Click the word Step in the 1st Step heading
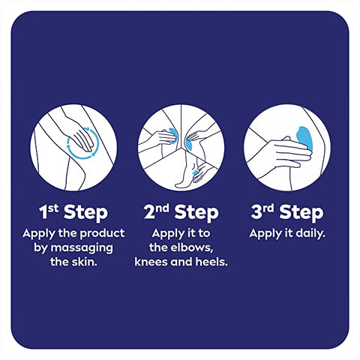85,213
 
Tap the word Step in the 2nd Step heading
196,213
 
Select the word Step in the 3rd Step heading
301,213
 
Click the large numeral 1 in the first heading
43,212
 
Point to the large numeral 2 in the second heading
149,212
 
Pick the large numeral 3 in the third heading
256,212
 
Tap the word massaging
82,249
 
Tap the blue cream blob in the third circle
304,138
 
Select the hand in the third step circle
287,152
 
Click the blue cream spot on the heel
195,172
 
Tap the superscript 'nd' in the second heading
163,208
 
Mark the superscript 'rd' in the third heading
268,208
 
